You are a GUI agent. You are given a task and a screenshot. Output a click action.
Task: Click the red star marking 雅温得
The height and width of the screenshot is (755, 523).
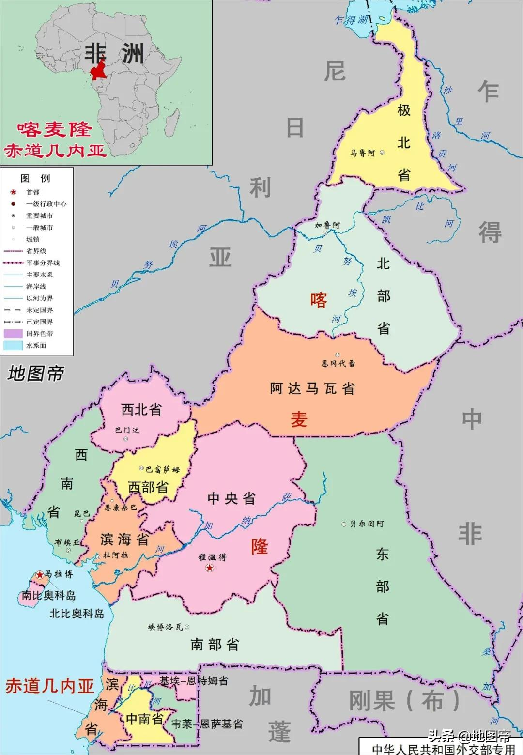tap(210, 568)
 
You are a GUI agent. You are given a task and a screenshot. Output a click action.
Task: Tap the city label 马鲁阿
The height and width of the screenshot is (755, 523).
tap(363, 153)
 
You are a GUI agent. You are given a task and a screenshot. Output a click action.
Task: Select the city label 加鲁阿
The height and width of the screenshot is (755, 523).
tap(327, 225)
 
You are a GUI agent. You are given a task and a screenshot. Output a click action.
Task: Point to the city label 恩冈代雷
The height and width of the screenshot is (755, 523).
tap(338, 363)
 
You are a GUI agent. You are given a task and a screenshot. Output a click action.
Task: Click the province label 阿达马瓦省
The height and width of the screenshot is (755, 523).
tap(312, 388)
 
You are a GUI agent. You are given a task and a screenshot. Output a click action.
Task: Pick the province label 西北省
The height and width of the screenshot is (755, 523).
tap(141, 410)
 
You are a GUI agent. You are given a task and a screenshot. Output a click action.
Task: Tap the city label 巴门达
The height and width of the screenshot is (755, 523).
tap(127, 430)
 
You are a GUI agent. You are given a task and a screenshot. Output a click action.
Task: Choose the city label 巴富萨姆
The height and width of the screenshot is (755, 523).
tap(163, 469)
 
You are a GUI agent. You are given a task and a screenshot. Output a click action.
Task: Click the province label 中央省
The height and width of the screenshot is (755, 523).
tap(231, 498)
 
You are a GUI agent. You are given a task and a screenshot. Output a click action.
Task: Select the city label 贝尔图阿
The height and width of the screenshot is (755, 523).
tap(367, 524)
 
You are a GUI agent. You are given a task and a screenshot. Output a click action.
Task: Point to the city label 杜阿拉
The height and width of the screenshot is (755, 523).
tap(115, 555)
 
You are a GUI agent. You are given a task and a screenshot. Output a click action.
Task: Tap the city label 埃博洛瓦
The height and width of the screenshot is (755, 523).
tap(166, 627)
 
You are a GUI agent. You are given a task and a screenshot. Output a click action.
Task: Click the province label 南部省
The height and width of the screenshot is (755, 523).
tap(215, 644)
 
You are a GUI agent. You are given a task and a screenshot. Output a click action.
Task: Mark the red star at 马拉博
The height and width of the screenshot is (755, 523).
tap(39, 575)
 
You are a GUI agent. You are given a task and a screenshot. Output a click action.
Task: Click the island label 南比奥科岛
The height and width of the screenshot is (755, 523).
tap(48, 596)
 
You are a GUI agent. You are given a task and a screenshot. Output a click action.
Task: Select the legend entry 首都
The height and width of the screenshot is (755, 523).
tap(33, 192)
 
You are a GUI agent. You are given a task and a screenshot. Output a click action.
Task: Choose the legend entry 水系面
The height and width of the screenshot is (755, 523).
tap(36, 345)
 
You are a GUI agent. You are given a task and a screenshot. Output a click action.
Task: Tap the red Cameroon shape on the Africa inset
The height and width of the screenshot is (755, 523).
tap(100, 71)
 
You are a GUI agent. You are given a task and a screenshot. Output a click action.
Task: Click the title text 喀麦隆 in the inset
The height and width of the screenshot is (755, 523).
tap(54, 129)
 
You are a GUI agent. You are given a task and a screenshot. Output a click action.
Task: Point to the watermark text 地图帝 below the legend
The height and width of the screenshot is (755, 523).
tap(36, 373)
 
